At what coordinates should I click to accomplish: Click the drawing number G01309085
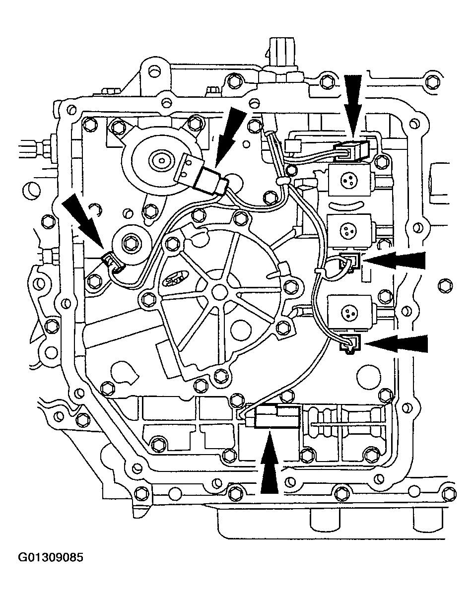51,558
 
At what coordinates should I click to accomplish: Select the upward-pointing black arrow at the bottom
269,465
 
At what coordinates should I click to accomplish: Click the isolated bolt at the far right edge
443,285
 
